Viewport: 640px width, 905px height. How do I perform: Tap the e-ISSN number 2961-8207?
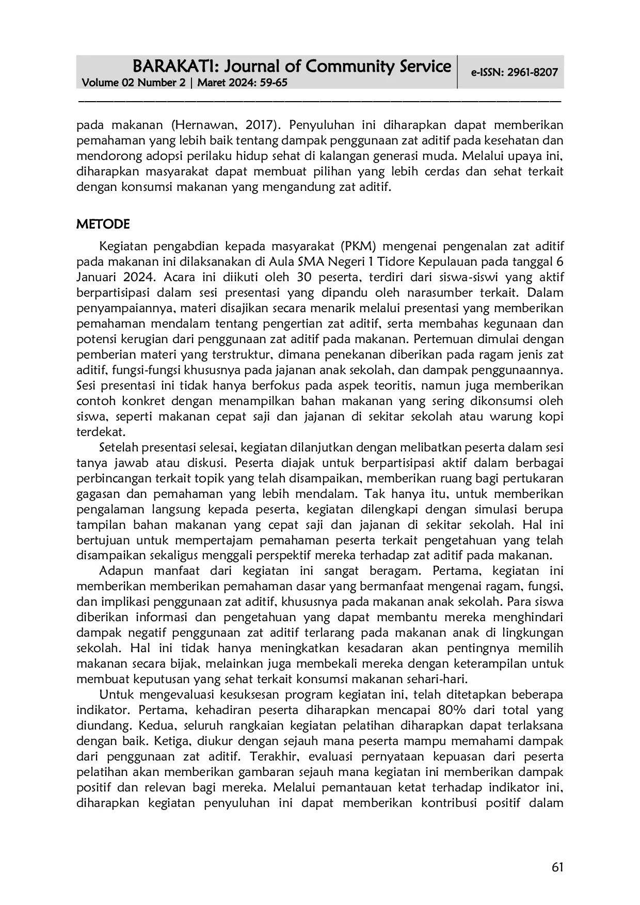(532, 72)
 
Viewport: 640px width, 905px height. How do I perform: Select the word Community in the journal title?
(355, 67)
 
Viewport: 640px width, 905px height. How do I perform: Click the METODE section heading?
(103, 224)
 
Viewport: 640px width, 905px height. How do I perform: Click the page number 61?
(557, 867)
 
